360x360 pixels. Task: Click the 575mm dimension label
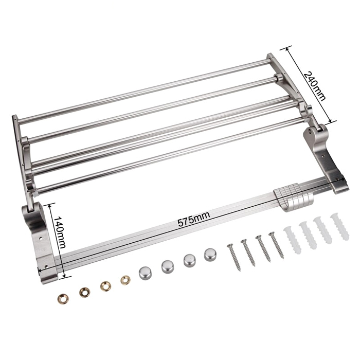[194, 220]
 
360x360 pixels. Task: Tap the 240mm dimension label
[315, 86]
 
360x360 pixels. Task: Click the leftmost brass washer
[63, 299]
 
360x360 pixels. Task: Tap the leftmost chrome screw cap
[145, 273]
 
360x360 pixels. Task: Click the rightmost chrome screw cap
[210, 254]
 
